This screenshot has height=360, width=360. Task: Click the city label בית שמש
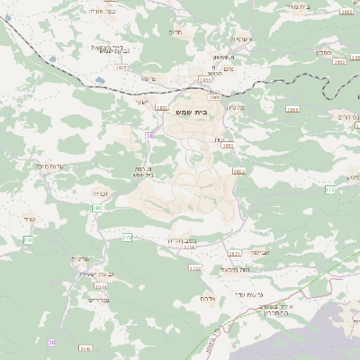click(187, 112)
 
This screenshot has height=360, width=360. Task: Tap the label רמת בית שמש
click(145, 171)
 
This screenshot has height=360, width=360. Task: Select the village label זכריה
click(99, 192)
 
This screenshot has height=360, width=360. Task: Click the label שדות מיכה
click(53, 166)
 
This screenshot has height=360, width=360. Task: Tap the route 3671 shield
click(234, 254)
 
